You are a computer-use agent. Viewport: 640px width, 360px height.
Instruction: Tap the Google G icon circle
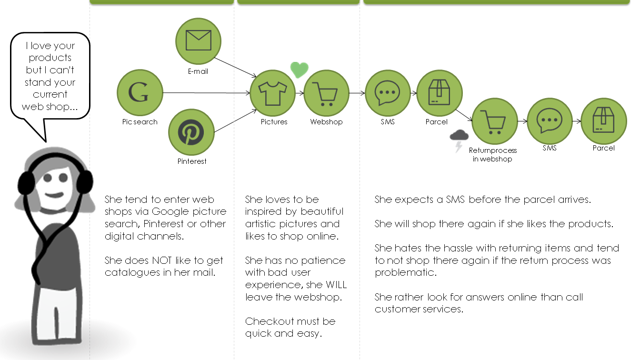tap(140, 92)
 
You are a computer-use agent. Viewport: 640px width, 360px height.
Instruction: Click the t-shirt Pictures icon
tap(272, 93)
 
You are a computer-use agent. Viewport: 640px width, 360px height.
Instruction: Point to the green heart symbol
tap(300, 70)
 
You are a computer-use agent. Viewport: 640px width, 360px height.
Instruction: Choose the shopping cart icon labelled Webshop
tap(326, 93)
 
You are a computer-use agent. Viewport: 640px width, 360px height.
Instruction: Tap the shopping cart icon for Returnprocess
tap(494, 121)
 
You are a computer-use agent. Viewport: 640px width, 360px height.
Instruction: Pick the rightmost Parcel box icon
tap(603, 121)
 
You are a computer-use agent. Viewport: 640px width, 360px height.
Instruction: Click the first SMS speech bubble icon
tap(388, 93)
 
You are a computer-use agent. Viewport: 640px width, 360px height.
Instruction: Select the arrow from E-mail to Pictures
tap(235, 67)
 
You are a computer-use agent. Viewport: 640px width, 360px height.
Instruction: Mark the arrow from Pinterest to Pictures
tap(233, 121)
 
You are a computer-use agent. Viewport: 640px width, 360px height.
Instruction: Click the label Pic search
tap(140, 122)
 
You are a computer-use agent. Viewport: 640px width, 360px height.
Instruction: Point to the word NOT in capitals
tap(164, 260)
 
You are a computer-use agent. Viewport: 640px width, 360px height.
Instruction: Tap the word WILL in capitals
tap(336, 285)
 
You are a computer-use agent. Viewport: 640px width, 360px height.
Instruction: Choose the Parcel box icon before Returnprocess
tap(439, 93)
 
